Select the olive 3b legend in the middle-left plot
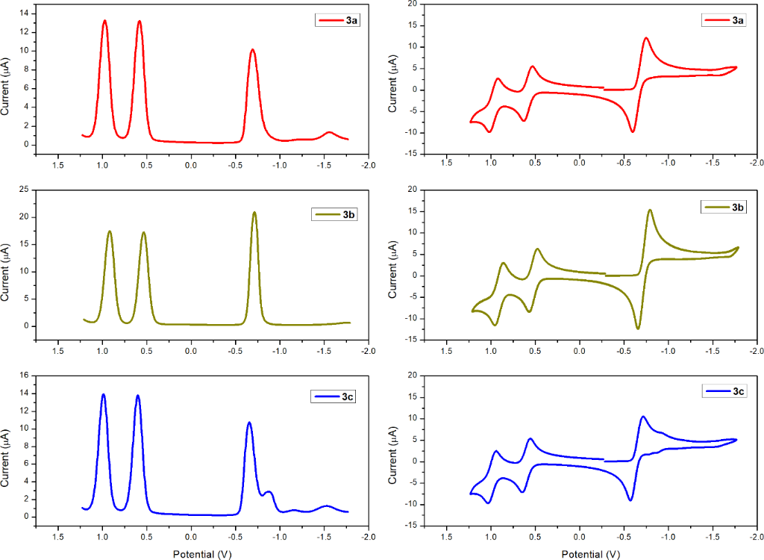pyautogui.click(x=334, y=215)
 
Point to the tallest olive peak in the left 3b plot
pyautogui.click(x=254, y=213)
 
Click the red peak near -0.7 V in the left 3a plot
pyautogui.click(x=253, y=50)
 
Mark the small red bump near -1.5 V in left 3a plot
pyautogui.click(x=329, y=132)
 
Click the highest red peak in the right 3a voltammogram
pyautogui.click(x=646, y=38)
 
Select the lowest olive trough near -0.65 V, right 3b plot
pyautogui.click(x=638, y=329)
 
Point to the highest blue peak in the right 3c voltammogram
pyautogui.click(x=643, y=417)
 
